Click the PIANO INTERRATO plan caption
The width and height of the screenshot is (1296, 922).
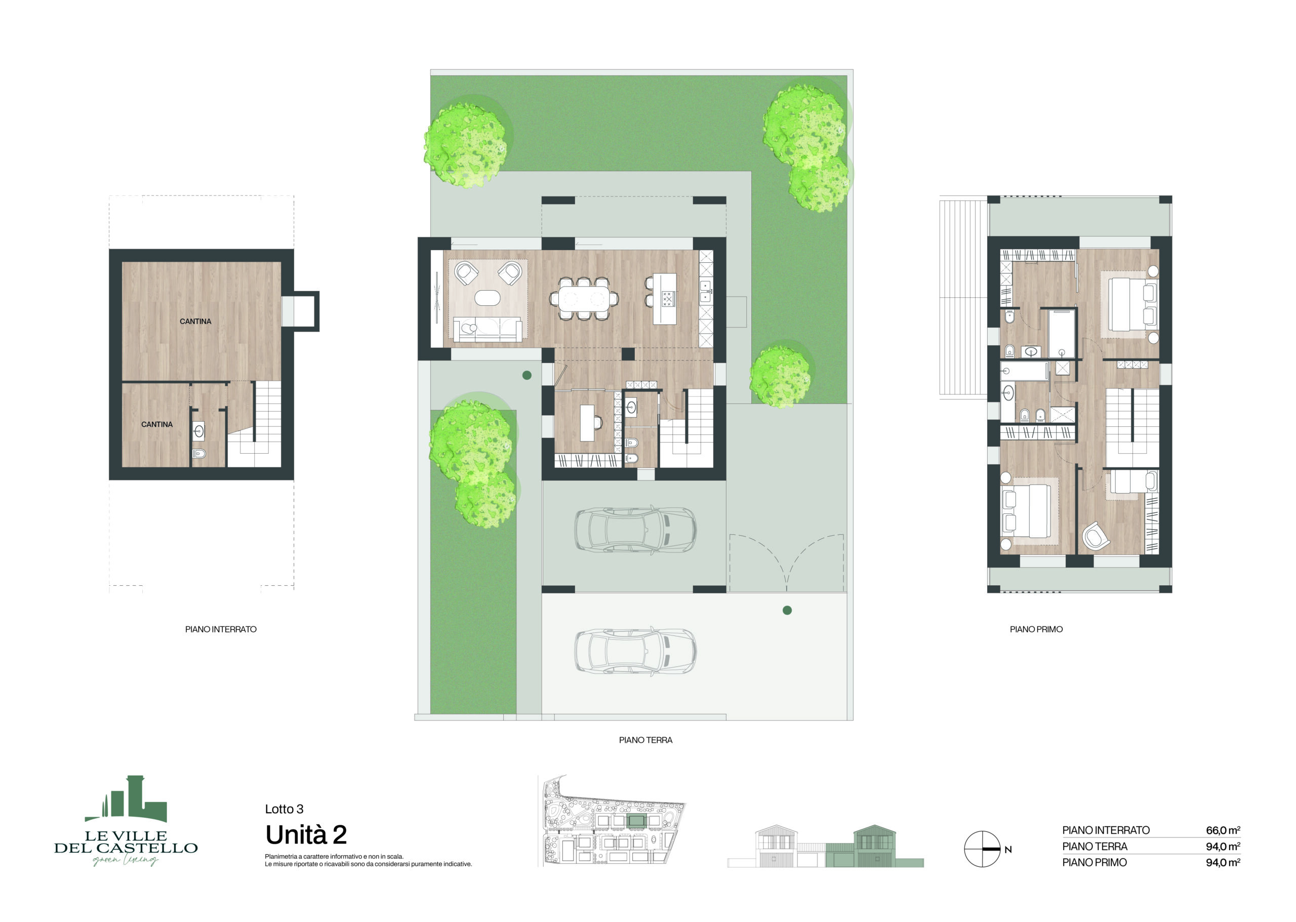pyautogui.click(x=221, y=629)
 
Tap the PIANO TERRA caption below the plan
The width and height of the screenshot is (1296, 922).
pyautogui.click(x=645, y=740)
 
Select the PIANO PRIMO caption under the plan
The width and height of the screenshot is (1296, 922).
pyautogui.click(x=1036, y=629)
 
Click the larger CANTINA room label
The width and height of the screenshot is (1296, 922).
pyautogui.click(x=195, y=322)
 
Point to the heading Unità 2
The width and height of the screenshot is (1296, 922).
pyautogui.click(x=306, y=834)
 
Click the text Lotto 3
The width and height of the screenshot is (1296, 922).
pyautogui.click(x=284, y=809)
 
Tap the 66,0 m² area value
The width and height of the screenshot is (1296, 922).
pyautogui.click(x=1223, y=830)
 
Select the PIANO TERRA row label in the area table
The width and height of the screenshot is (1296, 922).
pyautogui.click(x=1095, y=847)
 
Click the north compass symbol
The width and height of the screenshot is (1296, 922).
pyautogui.click(x=982, y=849)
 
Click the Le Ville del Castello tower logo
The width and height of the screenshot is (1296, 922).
pyautogui.click(x=126, y=798)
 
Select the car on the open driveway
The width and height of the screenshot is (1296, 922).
pyautogui.click(x=635, y=651)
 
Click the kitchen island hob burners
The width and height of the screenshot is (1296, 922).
pyautogui.click(x=667, y=299)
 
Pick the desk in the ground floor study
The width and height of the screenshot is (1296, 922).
pyautogui.click(x=587, y=422)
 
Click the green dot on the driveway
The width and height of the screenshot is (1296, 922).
pyautogui.click(x=787, y=610)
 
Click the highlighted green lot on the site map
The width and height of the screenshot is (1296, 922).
pyautogui.click(x=636, y=820)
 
